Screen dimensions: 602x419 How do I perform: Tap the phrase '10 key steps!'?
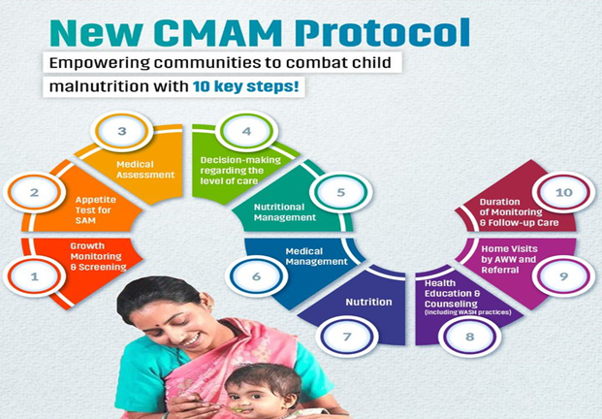245,86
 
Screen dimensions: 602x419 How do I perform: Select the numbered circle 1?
34,276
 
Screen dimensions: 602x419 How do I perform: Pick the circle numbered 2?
34,192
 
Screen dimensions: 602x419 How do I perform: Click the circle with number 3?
122,131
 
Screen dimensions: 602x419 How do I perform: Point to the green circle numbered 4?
246,131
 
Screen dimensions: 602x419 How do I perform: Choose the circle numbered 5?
341,192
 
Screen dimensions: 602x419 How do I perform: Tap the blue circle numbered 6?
256,276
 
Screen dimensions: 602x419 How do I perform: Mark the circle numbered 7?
347,337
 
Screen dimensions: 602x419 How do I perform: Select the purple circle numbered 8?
469,337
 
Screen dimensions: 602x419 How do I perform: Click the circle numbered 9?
563,276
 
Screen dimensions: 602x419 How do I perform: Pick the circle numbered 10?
563,192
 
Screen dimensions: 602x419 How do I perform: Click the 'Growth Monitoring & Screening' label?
98,257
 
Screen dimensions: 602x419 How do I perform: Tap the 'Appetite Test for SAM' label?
96,210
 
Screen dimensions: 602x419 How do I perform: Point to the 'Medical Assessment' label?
145,170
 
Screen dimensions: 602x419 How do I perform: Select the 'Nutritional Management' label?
285,212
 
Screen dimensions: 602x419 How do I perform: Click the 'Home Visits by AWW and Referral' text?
509,259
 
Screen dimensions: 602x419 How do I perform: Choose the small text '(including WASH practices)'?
467,312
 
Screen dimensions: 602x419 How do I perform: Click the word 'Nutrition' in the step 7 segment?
368,303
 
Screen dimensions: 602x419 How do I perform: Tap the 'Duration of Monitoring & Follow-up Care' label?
519,212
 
